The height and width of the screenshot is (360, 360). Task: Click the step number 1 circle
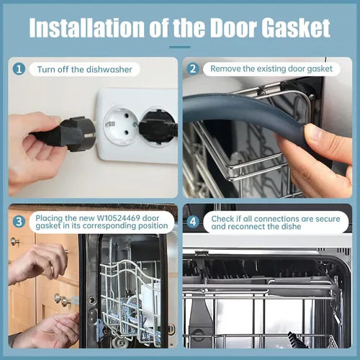click(19, 69)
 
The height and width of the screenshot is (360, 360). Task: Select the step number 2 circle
click(193, 69)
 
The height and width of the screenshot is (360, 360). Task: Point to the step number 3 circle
click(19, 221)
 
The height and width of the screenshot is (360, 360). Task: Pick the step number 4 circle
click(193, 222)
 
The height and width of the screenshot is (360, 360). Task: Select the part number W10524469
click(118, 218)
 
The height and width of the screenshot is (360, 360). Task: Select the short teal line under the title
click(180, 47)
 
